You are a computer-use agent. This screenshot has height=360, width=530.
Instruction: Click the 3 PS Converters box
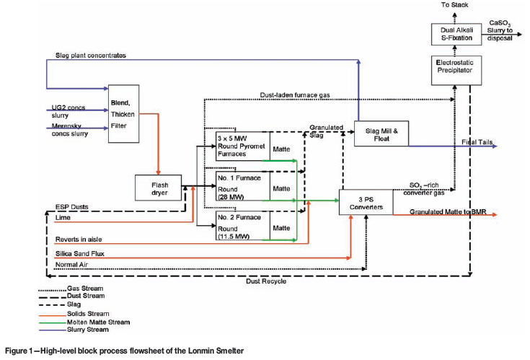coord(366,203)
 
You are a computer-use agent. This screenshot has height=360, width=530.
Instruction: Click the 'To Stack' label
coord(454,5)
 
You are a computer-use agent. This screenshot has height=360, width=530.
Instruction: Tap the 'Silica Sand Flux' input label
coord(79,254)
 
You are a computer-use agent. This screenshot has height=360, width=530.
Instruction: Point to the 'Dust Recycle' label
coord(266,281)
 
